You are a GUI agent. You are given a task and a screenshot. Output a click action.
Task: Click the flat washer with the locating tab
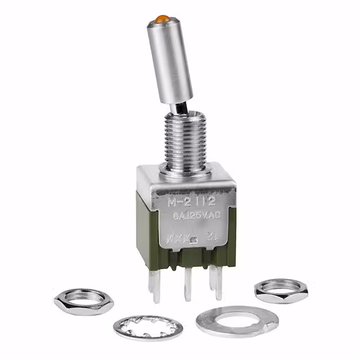point(237,322)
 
